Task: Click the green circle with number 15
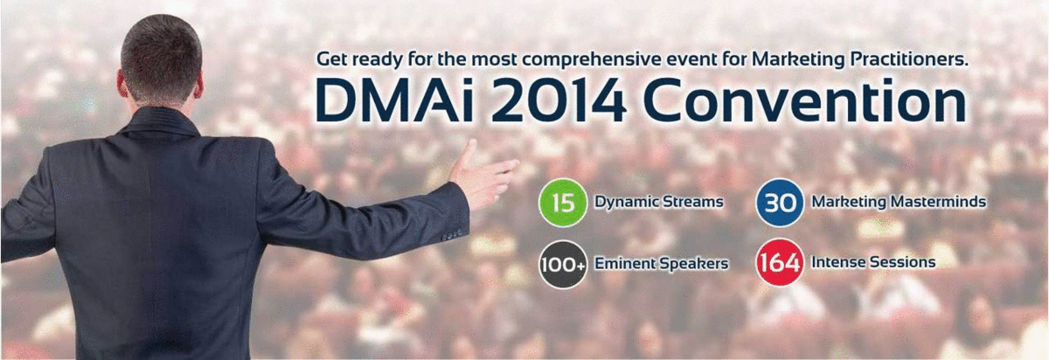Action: point(562,203)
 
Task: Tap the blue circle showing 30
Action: point(780,203)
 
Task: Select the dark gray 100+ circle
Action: point(563,264)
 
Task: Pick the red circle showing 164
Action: point(780,263)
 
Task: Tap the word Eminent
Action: point(624,264)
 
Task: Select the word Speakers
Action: point(693,264)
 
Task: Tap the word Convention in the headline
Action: point(804,102)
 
